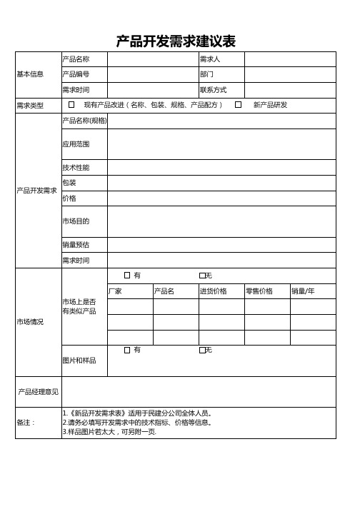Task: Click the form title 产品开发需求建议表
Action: (176, 41)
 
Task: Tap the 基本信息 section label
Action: (30, 74)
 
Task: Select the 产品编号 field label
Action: (76, 74)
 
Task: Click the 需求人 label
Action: (210, 59)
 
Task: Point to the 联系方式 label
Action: (214, 90)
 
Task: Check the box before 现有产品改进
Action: (71, 105)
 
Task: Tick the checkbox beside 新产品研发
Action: (239, 105)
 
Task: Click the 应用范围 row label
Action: (76, 144)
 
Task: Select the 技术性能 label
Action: (76, 167)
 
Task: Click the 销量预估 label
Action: (76, 245)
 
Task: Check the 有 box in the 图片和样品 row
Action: (127, 350)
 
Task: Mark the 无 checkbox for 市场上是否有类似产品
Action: (203, 275)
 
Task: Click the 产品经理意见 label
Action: (39, 391)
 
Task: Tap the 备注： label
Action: (26, 423)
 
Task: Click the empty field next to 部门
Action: (290, 74)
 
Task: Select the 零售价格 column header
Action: (259, 291)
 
